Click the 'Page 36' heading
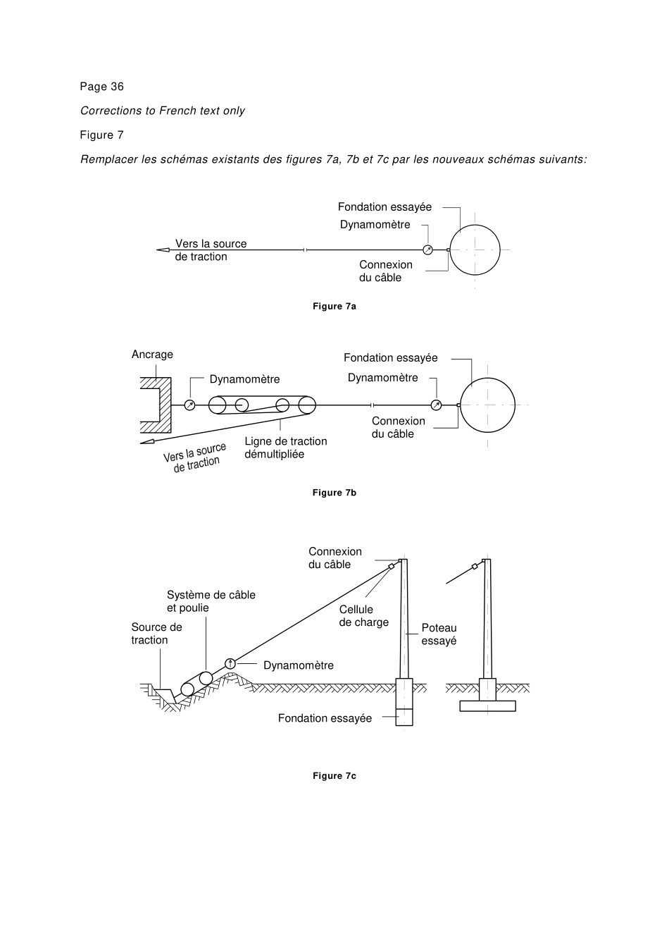[x=101, y=87]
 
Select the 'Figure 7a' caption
[x=334, y=307]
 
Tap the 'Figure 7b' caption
[x=334, y=493]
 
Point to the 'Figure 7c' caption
[x=334, y=776]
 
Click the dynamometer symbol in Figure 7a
[x=427, y=250]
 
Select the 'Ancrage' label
[x=152, y=355]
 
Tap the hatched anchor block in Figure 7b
[x=165, y=405]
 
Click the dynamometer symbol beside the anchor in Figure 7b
[x=189, y=405]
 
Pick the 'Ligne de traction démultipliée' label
[x=285, y=448]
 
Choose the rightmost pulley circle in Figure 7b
[x=307, y=405]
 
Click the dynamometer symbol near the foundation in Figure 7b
[x=436, y=405]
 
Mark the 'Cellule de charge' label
[x=363, y=616]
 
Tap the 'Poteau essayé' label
[x=439, y=634]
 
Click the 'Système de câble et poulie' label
[x=211, y=601]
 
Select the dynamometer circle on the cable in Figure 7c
[x=230, y=663]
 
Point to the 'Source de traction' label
[x=156, y=634]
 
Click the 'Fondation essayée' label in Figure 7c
[x=325, y=718]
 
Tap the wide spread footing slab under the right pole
[x=487, y=706]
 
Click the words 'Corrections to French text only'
[x=163, y=111]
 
